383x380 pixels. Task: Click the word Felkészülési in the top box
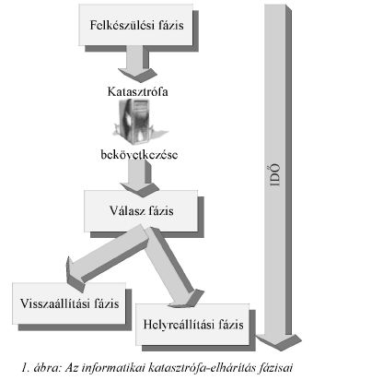(x=122, y=25)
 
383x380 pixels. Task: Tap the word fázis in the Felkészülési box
(x=171, y=25)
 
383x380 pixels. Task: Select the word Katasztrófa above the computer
(x=137, y=91)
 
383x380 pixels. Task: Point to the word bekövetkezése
(x=139, y=154)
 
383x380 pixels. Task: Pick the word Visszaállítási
(x=55, y=303)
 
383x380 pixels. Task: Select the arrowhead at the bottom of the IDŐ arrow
(x=279, y=341)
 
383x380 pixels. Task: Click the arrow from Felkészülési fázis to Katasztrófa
(x=137, y=64)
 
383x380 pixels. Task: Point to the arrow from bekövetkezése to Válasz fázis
(x=140, y=178)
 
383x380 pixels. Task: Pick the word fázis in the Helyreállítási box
(x=231, y=325)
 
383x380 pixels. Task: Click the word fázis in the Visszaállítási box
(x=107, y=303)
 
